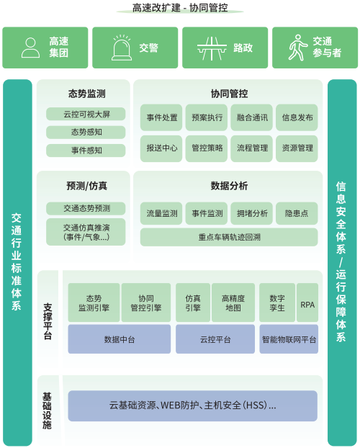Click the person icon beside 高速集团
click(30, 48)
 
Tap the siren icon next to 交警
click(122, 48)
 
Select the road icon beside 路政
click(212, 48)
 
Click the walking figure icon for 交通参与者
click(298, 48)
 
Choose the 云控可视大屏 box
click(86, 114)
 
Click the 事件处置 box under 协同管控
click(161, 117)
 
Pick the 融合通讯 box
click(252, 117)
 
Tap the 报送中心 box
click(161, 148)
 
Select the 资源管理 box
click(297, 148)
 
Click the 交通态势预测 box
click(86, 208)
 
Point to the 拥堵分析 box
click(252, 213)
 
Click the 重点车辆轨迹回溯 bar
click(229, 237)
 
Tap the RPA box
click(307, 303)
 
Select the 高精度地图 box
click(233, 303)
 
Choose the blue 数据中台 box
click(120, 339)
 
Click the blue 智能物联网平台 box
click(289, 339)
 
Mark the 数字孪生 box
click(277, 303)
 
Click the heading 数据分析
click(229, 186)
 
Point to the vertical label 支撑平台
click(48, 321)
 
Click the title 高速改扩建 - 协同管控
click(180, 8)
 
